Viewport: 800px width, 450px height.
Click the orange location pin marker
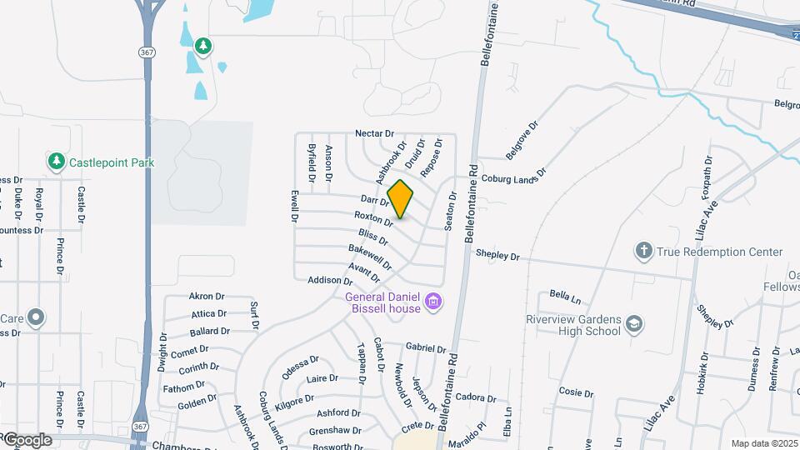(x=401, y=198)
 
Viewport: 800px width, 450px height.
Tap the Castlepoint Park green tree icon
(x=56, y=161)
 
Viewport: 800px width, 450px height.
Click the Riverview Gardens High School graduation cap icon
(x=633, y=324)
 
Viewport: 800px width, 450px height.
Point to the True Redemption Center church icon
(x=643, y=251)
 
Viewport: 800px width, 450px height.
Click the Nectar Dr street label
(x=373, y=133)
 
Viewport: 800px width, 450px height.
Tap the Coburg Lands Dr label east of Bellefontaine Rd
(x=512, y=177)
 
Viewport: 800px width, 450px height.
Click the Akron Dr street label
(x=207, y=296)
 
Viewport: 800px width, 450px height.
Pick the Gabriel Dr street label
(x=427, y=347)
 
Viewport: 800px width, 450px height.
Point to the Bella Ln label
(x=564, y=295)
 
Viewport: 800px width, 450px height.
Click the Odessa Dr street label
(x=300, y=367)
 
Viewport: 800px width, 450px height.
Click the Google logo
(x=27, y=440)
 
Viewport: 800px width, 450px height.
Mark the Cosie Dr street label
(x=570, y=392)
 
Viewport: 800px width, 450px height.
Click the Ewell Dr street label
(x=294, y=206)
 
